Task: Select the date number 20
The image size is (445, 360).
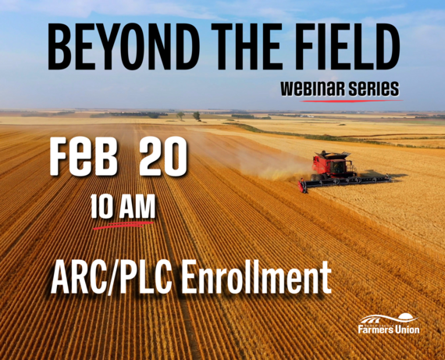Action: point(164,159)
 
